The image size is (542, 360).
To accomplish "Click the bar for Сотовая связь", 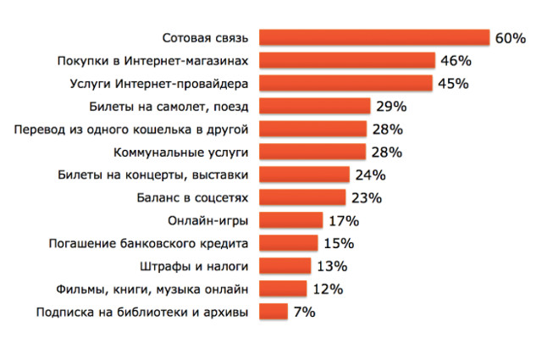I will pyautogui.click(x=374, y=38).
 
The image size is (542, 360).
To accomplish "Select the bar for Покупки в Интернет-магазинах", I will pyautogui.click(x=347, y=61).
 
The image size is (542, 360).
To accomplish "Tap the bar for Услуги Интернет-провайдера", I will pyautogui.click(x=346, y=84).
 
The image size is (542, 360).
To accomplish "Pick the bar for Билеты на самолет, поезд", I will pyautogui.click(x=315, y=107).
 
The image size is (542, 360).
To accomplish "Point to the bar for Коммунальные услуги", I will pyautogui.click(x=312, y=152).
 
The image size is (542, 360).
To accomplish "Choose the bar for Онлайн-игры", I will pyautogui.click(x=291, y=221).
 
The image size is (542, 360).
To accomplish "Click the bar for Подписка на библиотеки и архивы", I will pyautogui.click(x=273, y=313).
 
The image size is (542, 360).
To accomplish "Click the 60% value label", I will pyautogui.click(x=512, y=38).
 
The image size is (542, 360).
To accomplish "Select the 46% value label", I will pyautogui.click(x=456, y=61).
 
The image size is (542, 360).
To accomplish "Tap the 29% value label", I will pyautogui.click(x=391, y=107).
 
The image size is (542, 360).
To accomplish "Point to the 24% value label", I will pyautogui.click(x=370, y=175).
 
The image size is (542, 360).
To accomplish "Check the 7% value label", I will pyautogui.click(x=305, y=313).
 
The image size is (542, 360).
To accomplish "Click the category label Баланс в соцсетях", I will pyautogui.click(x=193, y=198).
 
